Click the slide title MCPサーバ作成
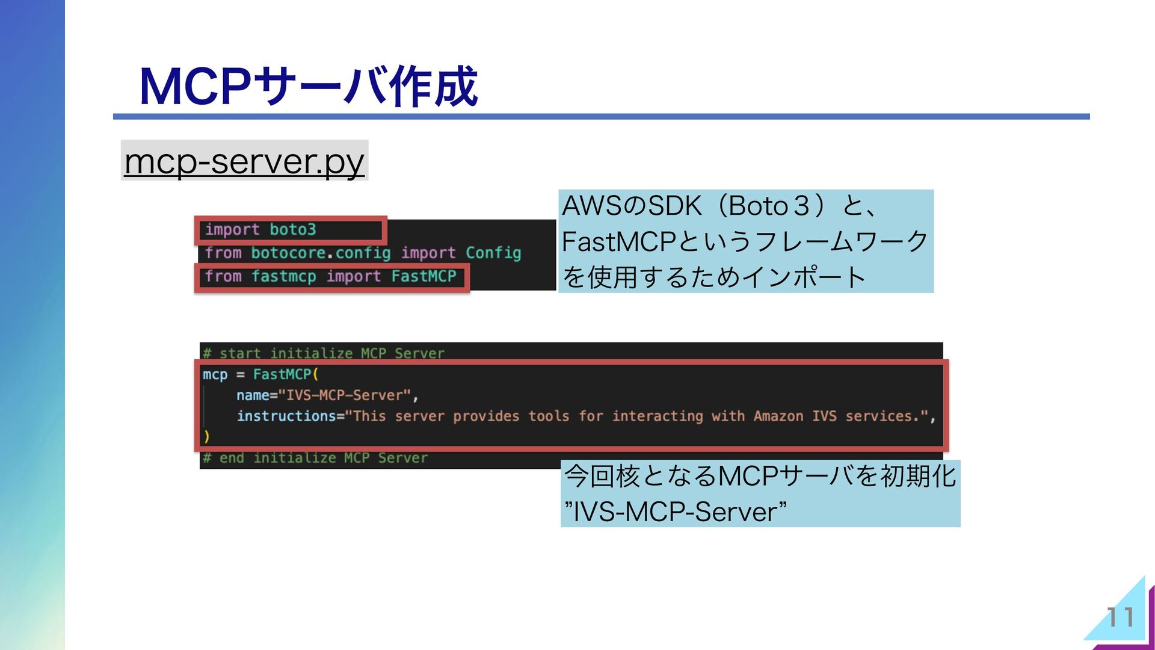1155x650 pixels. pos(308,87)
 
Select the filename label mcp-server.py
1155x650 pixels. pos(244,161)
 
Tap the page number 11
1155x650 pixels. pos(1120,617)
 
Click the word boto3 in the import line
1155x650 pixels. pos(292,230)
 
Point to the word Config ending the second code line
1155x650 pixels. pos(493,253)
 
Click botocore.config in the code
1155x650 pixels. pos(321,253)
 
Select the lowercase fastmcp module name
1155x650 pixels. pos(283,276)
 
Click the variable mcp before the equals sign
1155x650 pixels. pos(215,374)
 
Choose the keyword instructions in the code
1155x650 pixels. pos(286,416)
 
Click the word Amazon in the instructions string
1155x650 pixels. pos(778,416)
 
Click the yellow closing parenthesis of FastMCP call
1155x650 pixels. pos(206,436)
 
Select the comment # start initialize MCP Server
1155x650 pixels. pos(324,353)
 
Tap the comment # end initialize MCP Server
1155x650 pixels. pos(315,458)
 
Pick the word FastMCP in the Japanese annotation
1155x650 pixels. pos(618,242)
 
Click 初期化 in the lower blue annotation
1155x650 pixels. pos(918,477)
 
